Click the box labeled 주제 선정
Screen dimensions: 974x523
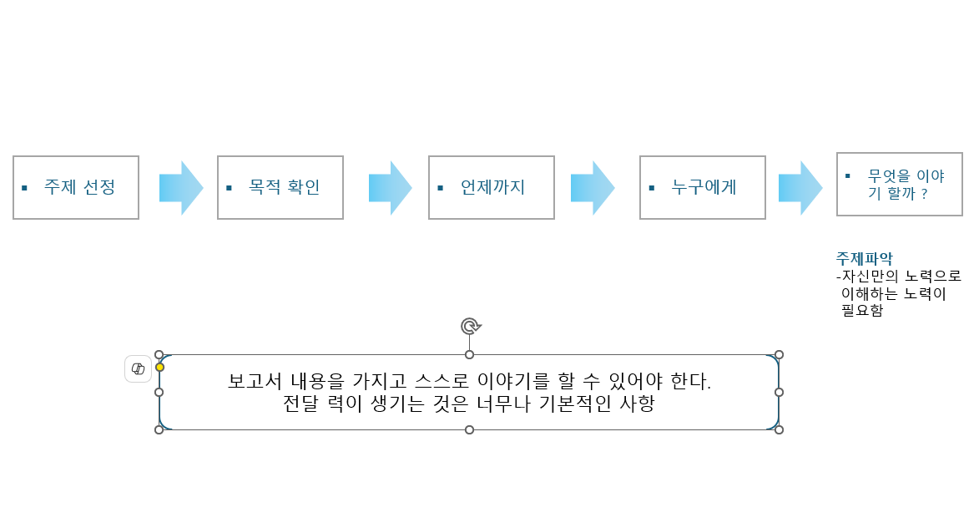[76, 187]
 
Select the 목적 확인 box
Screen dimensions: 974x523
[280, 187]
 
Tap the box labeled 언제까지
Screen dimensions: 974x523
[492, 187]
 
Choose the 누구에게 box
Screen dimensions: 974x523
[703, 187]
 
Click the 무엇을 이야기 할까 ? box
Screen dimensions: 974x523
[900, 184]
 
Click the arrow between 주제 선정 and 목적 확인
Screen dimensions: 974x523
[181, 188]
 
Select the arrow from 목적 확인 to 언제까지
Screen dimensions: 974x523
[390, 188]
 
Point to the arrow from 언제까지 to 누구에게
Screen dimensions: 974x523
[593, 188]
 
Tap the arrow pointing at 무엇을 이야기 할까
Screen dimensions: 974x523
[800, 188]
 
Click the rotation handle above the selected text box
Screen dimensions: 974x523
[470, 326]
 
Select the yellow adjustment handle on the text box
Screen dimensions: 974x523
[159, 367]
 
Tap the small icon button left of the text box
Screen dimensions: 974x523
[138, 368]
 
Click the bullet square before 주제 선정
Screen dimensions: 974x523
[24, 187]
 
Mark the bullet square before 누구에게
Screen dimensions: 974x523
[651, 187]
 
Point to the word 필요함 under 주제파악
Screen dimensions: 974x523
[863, 311]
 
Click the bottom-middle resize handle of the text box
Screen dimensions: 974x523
[469, 429]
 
